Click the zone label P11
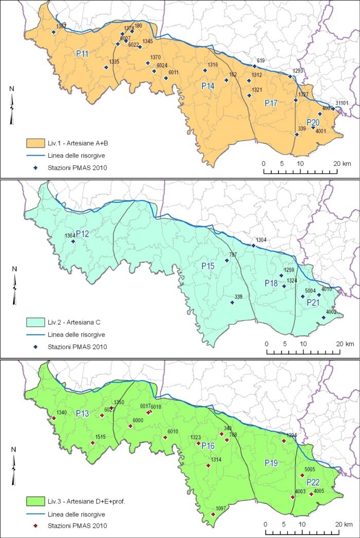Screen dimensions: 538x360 (82, 54)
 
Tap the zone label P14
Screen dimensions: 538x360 (208, 86)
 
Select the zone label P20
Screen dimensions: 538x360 (313, 122)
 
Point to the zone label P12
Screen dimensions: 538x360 (83, 234)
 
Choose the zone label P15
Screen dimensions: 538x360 (208, 266)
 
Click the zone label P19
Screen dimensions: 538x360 (272, 463)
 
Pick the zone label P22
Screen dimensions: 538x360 (313, 483)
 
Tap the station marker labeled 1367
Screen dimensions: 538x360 (54, 32)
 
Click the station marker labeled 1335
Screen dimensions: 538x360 (106, 67)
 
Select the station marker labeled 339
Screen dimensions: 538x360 (297, 135)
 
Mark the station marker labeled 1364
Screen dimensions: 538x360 (73, 242)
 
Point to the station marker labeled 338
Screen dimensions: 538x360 (232, 303)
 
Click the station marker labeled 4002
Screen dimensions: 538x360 (323, 318)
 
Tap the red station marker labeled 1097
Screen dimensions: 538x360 (213, 514)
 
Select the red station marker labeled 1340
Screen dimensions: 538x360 (53, 418)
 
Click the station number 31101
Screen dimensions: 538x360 (341, 103)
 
